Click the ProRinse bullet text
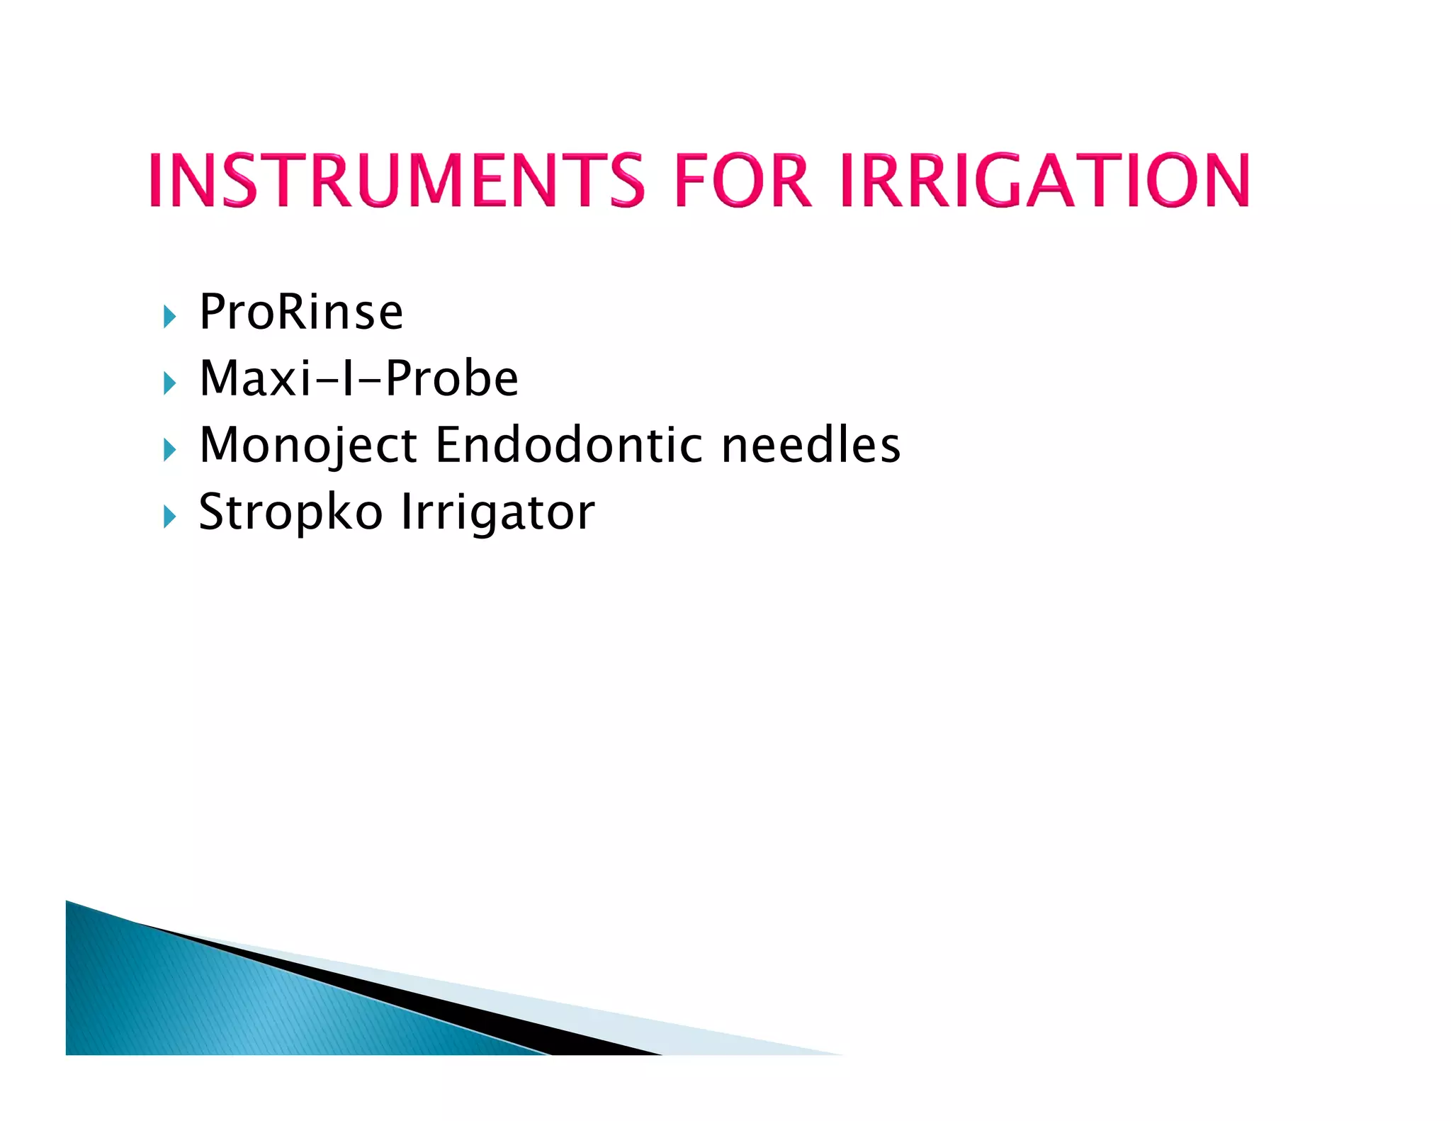point(301,312)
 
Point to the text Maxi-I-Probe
point(358,378)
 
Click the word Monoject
point(308,445)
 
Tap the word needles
point(811,445)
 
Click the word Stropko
point(290,512)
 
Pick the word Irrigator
point(498,512)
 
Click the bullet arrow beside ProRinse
point(169,317)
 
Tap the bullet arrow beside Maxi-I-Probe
point(169,383)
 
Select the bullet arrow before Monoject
point(169,449)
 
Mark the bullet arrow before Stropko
point(169,517)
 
